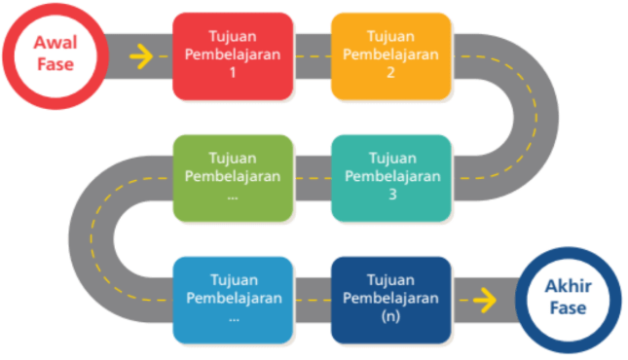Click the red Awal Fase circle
pos(55,55)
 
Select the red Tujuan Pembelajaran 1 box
pos(233,55)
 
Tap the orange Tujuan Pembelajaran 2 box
pos(390,55)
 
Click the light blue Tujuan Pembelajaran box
pos(233,299)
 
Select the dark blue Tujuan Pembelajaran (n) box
pos(390,299)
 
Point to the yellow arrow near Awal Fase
pos(141,56)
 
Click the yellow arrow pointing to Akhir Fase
pos(484,300)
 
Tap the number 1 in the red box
pos(234,72)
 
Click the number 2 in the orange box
pos(391,72)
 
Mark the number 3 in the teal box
pos(391,194)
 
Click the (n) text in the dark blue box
pos(391,315)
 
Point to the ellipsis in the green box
pos(234,196)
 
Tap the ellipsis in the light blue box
pos(234,317)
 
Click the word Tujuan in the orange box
pos(391,37)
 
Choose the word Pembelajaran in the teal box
pos(391,176)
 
